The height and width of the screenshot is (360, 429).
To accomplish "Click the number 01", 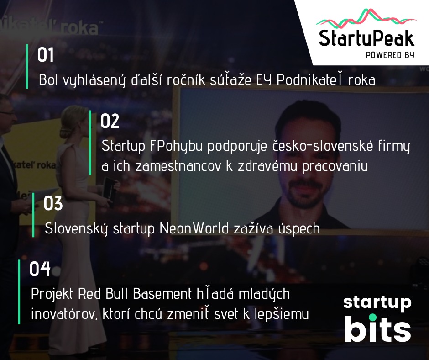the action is point(46,55).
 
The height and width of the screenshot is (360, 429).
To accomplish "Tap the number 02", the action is point(110,121).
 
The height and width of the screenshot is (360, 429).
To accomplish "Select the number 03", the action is point(53,203).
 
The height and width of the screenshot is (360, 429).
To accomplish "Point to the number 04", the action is point(40,269).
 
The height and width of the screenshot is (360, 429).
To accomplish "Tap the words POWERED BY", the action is point(390,55).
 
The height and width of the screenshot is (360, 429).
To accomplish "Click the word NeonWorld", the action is point(194,228).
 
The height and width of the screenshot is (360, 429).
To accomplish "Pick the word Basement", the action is point(162,294).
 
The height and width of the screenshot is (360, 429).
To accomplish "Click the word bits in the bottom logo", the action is point(378,329).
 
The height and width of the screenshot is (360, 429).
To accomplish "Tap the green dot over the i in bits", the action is point(372,318).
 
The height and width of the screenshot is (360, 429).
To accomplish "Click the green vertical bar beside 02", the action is point(90,143).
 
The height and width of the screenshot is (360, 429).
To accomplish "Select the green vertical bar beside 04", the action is point(19,292).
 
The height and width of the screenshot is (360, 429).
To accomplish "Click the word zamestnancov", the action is point(178,166).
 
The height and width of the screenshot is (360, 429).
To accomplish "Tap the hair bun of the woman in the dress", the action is point(66,132).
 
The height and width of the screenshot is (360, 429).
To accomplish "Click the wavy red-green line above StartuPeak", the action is point(366,19).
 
